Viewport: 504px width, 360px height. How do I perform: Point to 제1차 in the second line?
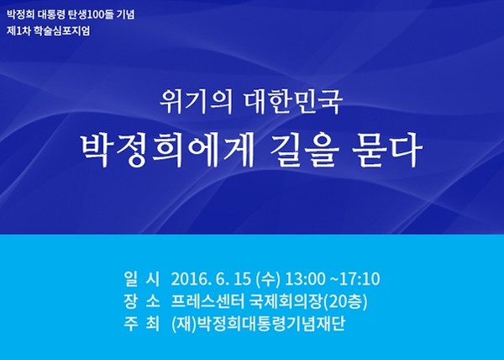pos(18,31)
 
